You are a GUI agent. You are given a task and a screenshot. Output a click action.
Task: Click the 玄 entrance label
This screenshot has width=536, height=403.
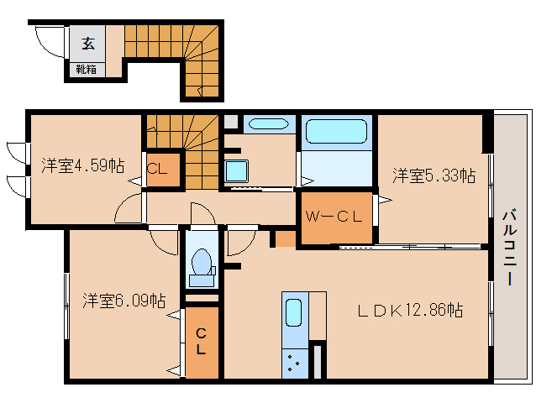tap(88, 44)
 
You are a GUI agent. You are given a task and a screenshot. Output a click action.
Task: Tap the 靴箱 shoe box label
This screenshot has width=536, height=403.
tap(86, 70)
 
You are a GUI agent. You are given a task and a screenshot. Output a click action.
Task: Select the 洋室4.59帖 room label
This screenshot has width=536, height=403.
tap(82, 165)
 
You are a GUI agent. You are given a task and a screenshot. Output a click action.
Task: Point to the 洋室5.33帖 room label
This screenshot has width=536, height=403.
tap(434, 175)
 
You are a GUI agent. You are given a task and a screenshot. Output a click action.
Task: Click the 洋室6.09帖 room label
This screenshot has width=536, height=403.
tap(124, 301)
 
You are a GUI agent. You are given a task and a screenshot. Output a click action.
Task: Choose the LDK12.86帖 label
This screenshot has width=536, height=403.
tap(410, 310)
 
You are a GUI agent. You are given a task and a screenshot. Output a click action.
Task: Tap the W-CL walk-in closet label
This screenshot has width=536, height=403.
tap(334, 217)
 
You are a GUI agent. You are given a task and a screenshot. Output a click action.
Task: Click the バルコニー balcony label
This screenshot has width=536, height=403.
tap(509, 247)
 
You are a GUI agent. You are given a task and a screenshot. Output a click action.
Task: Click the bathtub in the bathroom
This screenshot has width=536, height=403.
tap(336, 132)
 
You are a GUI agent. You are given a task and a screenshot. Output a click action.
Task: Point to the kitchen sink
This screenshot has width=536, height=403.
tap(293, 312)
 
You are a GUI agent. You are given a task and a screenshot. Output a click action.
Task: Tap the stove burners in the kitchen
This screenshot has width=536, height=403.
tap(294, 363)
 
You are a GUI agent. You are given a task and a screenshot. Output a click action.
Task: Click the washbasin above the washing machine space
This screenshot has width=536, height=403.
tap(269, 123)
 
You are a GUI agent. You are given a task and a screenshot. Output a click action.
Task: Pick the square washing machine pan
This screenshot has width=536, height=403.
tap(236, 170)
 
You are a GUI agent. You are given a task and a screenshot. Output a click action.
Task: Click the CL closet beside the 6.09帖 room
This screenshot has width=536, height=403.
tap(202, 342)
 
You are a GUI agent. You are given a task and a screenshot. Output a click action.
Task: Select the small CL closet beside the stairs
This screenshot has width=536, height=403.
tap(163, 170)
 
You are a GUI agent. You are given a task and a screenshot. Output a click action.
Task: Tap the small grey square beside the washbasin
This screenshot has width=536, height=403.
tap(231, 122)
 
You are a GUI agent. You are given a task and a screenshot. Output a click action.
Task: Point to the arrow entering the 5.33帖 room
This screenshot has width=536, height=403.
tap(385, 200)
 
